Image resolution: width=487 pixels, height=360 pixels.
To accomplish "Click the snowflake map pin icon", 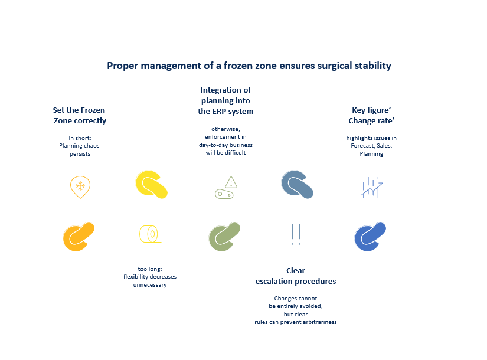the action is (x=80, y=187).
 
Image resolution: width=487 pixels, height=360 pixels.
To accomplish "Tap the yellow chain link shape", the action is (x=152, y=185).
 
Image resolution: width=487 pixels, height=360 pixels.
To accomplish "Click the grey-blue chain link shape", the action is (x=298, y=185).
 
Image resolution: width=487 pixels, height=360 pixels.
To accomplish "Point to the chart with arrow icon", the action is (x=372, y=188).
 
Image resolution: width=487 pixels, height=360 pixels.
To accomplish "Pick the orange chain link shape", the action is (x=79, y=237).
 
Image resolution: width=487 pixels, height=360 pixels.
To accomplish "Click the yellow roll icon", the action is (x=151, y=234).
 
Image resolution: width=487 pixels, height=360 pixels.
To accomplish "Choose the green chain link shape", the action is (x=224, y=237).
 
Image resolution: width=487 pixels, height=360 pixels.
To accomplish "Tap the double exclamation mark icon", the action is (x=296, y=234).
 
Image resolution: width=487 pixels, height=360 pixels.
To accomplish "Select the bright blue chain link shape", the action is (x=370, y=237).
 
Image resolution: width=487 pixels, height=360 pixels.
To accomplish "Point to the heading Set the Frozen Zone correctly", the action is (x=80, y=115).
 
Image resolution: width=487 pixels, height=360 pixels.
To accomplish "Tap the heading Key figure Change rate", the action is (x=371, y=115).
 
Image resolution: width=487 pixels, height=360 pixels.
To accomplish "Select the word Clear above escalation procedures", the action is (x=296, y=270).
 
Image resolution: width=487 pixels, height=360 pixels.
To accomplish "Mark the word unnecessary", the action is (x=150, y=285).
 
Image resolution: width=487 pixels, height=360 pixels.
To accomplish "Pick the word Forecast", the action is (x=362, y=146).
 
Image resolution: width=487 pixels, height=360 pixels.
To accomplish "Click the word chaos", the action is (x=91, y=146).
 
